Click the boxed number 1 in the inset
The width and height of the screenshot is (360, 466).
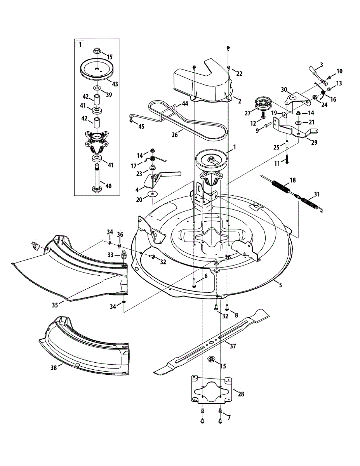pyautogui.click(x=80, y=44)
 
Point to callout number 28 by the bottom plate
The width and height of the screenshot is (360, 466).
pyautogui.click(x=241, y=394)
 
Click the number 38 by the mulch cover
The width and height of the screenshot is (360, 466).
pyautogui.click(x=54, y=367)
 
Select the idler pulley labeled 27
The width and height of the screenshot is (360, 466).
pyautogui.click(x=262, y=104)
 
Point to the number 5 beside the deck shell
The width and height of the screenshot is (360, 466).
pyautogui.click(x=280, y=285)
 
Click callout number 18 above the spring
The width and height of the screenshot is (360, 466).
pyautogui.click(x=293, y=180)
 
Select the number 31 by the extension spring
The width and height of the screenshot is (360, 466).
pyautogui.click(x=317, y=195)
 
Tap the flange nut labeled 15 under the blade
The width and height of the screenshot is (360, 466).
pyautogui.click(x=212, y=358)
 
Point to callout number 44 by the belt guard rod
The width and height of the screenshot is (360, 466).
pyautogui.click(x=184, y=104)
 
